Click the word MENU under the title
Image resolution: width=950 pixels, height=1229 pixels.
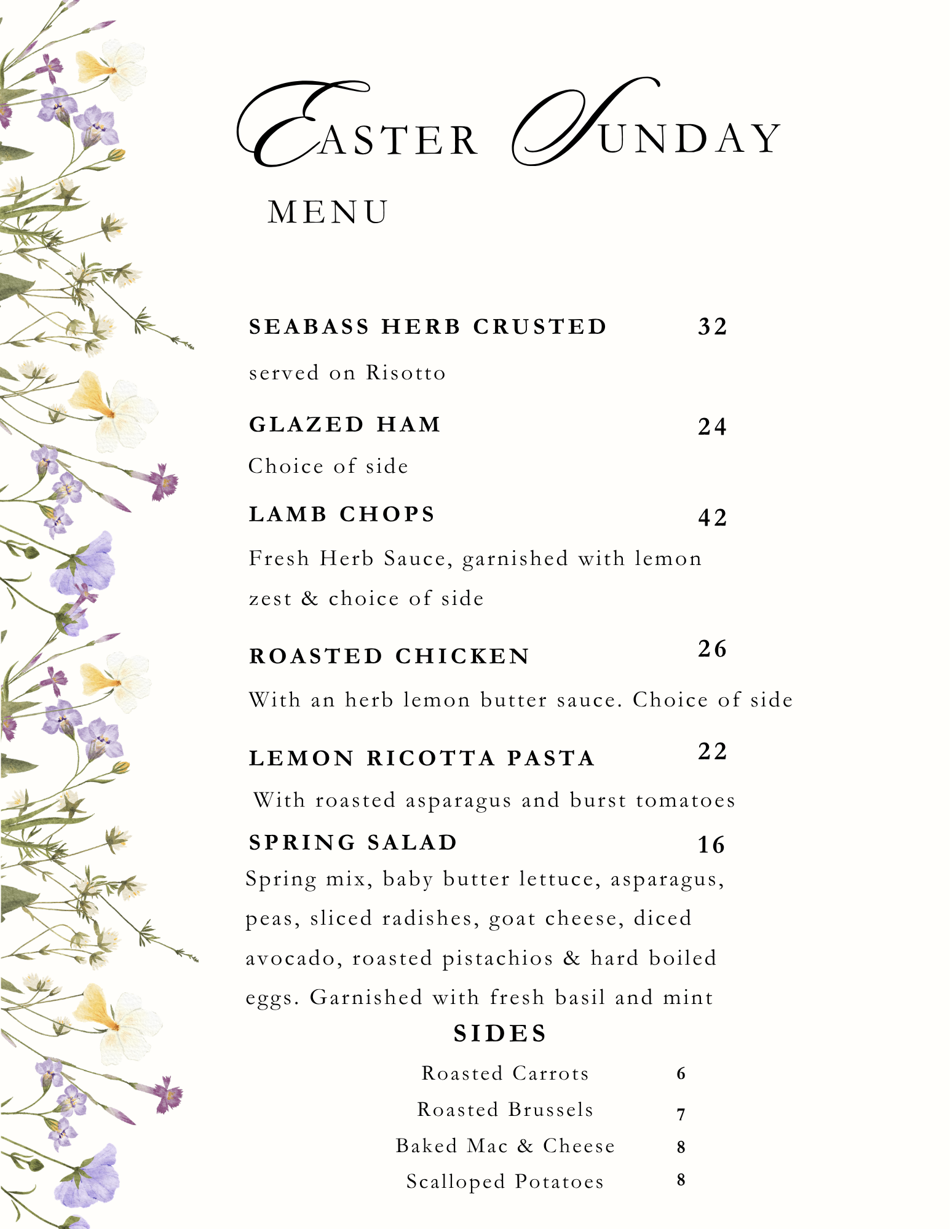point(328,213)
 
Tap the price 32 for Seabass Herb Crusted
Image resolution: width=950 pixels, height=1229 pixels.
point(713,326)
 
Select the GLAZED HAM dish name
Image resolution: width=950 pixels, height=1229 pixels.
point(345,424)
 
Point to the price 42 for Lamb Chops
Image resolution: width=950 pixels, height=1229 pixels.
point(713,518)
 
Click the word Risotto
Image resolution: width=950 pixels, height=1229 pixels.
point(406,373)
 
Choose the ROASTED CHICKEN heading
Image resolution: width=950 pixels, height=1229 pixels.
point(389,656)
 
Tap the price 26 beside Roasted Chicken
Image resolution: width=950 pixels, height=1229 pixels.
point(713,649)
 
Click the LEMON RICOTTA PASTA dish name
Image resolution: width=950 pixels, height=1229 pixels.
point(422,758)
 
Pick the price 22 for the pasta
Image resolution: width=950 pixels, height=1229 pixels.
point(713,751)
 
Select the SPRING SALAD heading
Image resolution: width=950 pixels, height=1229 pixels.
point(354,842)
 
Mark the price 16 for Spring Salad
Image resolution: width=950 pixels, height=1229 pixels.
point(711,845)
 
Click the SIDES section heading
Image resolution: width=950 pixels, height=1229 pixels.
point(500,1033)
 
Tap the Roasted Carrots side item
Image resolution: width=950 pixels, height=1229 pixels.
point(505,1073)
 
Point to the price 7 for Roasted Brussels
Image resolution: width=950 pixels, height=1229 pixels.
point(681,1114)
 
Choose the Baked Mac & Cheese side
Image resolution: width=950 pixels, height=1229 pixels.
point(505,1146)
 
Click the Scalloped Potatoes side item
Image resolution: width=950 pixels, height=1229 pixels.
point(505,1182)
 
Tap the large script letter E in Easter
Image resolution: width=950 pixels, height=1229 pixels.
point(289,126)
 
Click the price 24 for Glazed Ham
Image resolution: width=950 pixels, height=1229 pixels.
point(713,427)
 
